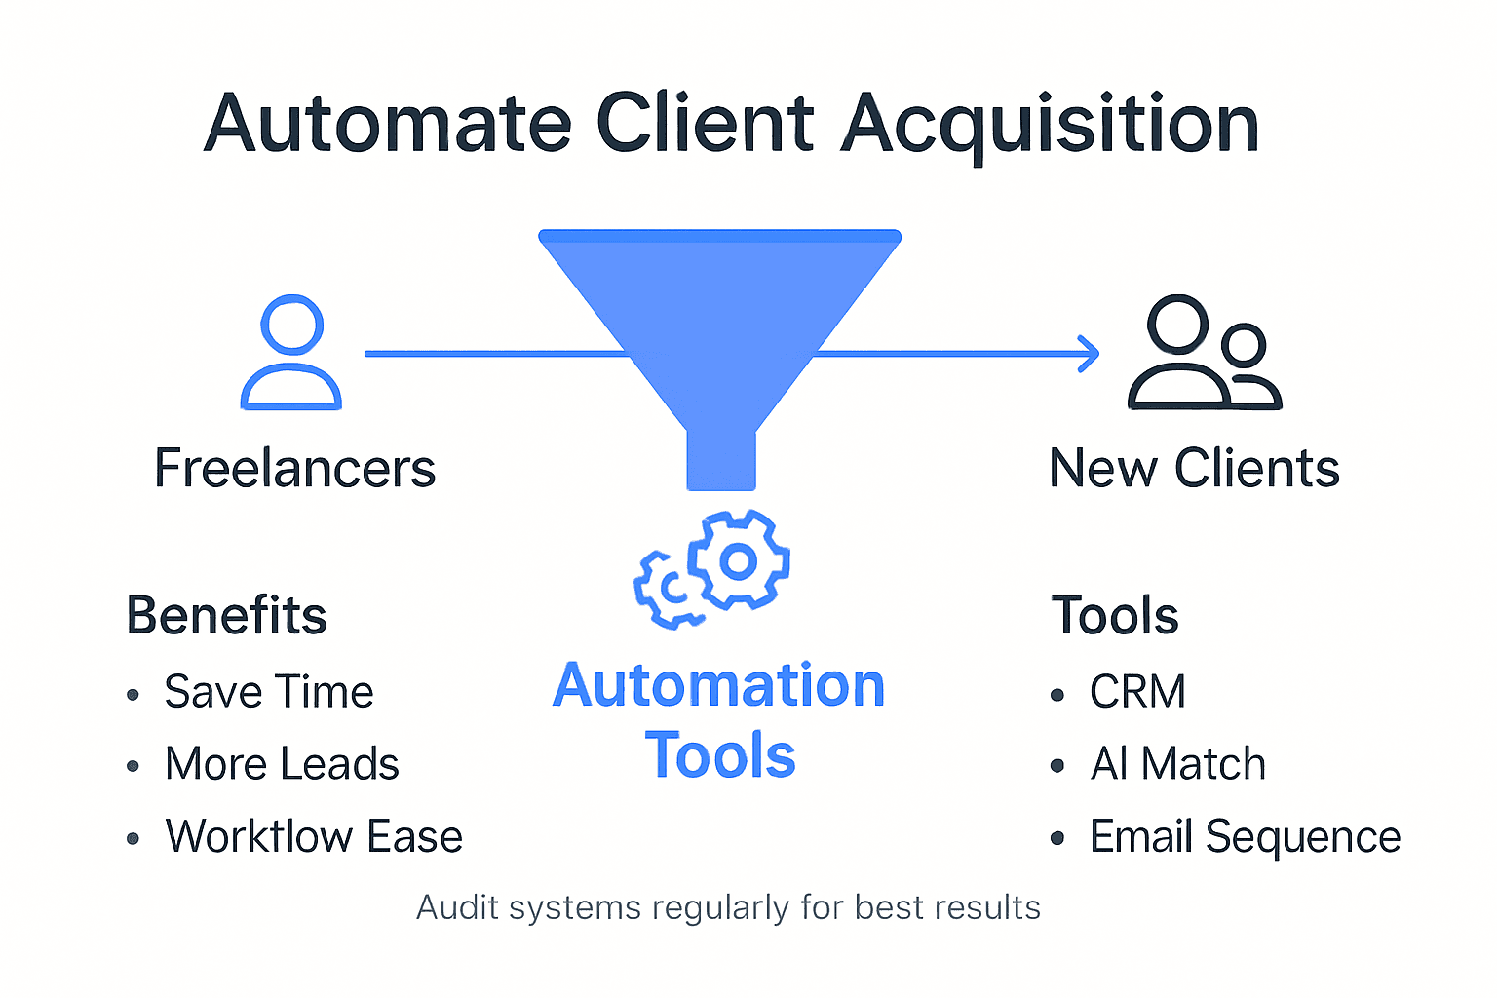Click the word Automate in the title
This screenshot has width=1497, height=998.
387,124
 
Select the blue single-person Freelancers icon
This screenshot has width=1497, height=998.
291,352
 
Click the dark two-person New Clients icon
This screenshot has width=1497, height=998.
1204,353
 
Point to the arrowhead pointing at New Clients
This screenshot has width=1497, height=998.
1090,354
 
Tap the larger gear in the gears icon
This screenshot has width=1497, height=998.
738,560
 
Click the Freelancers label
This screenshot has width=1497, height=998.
294,469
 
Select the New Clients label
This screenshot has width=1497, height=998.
1194,469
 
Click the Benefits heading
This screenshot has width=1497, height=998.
226,616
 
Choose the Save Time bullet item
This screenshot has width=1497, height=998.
268,692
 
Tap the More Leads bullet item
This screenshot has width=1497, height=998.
282,764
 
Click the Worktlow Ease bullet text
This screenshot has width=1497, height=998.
314,836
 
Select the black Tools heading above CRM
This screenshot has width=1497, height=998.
1115,616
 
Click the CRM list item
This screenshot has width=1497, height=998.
1137,692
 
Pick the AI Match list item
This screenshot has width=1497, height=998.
1177,764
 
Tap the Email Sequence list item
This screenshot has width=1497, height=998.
1245,836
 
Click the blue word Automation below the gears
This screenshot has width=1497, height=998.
719,686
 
